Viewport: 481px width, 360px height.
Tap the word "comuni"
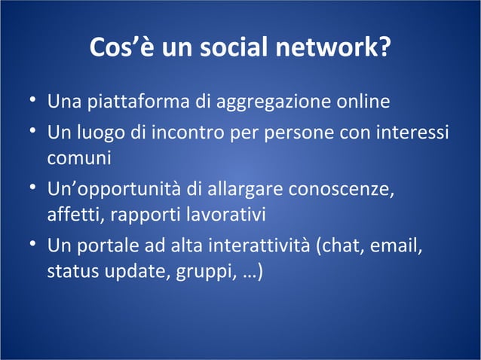point(78,158)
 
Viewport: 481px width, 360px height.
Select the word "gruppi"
point(201,271)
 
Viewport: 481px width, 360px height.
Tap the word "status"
point(72,271)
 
